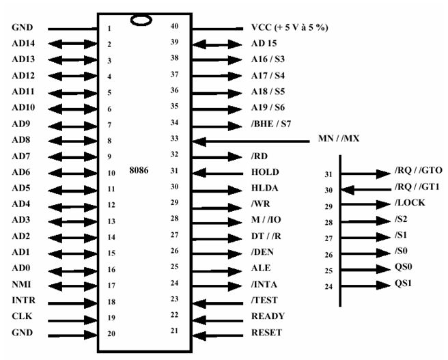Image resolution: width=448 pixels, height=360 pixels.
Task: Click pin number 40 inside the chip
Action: [x=176, y=26]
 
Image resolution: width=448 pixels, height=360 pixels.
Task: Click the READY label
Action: [x=268, y=316]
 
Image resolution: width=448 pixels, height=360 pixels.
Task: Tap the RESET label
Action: [x=267, y=333]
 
